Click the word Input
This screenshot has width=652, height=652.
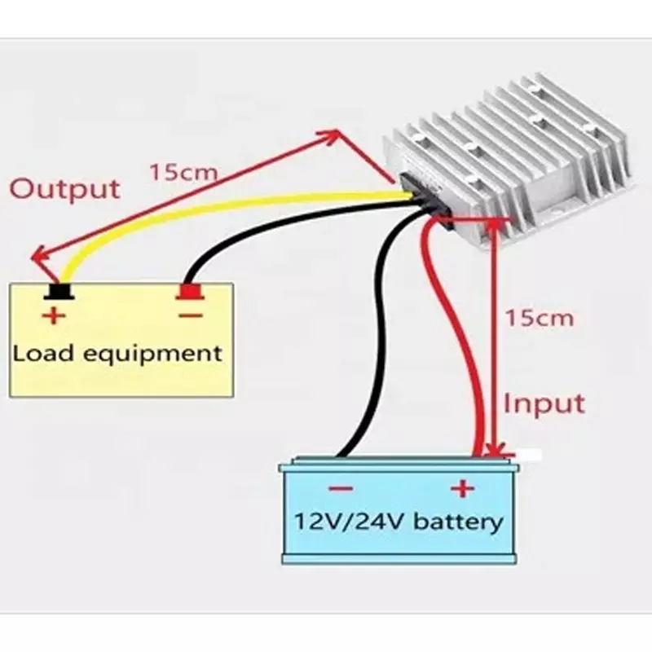544,403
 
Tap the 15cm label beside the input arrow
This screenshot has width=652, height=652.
539,318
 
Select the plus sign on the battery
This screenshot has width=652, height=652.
462,488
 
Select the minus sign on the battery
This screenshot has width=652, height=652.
341,488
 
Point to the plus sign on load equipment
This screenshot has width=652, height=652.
54,315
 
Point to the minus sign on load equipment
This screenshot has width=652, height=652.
191,315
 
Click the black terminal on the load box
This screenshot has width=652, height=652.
59,291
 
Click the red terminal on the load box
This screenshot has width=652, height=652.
190,291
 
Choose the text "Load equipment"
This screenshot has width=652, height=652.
117,355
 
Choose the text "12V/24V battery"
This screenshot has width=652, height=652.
399,522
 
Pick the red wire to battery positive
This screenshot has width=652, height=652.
456,333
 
